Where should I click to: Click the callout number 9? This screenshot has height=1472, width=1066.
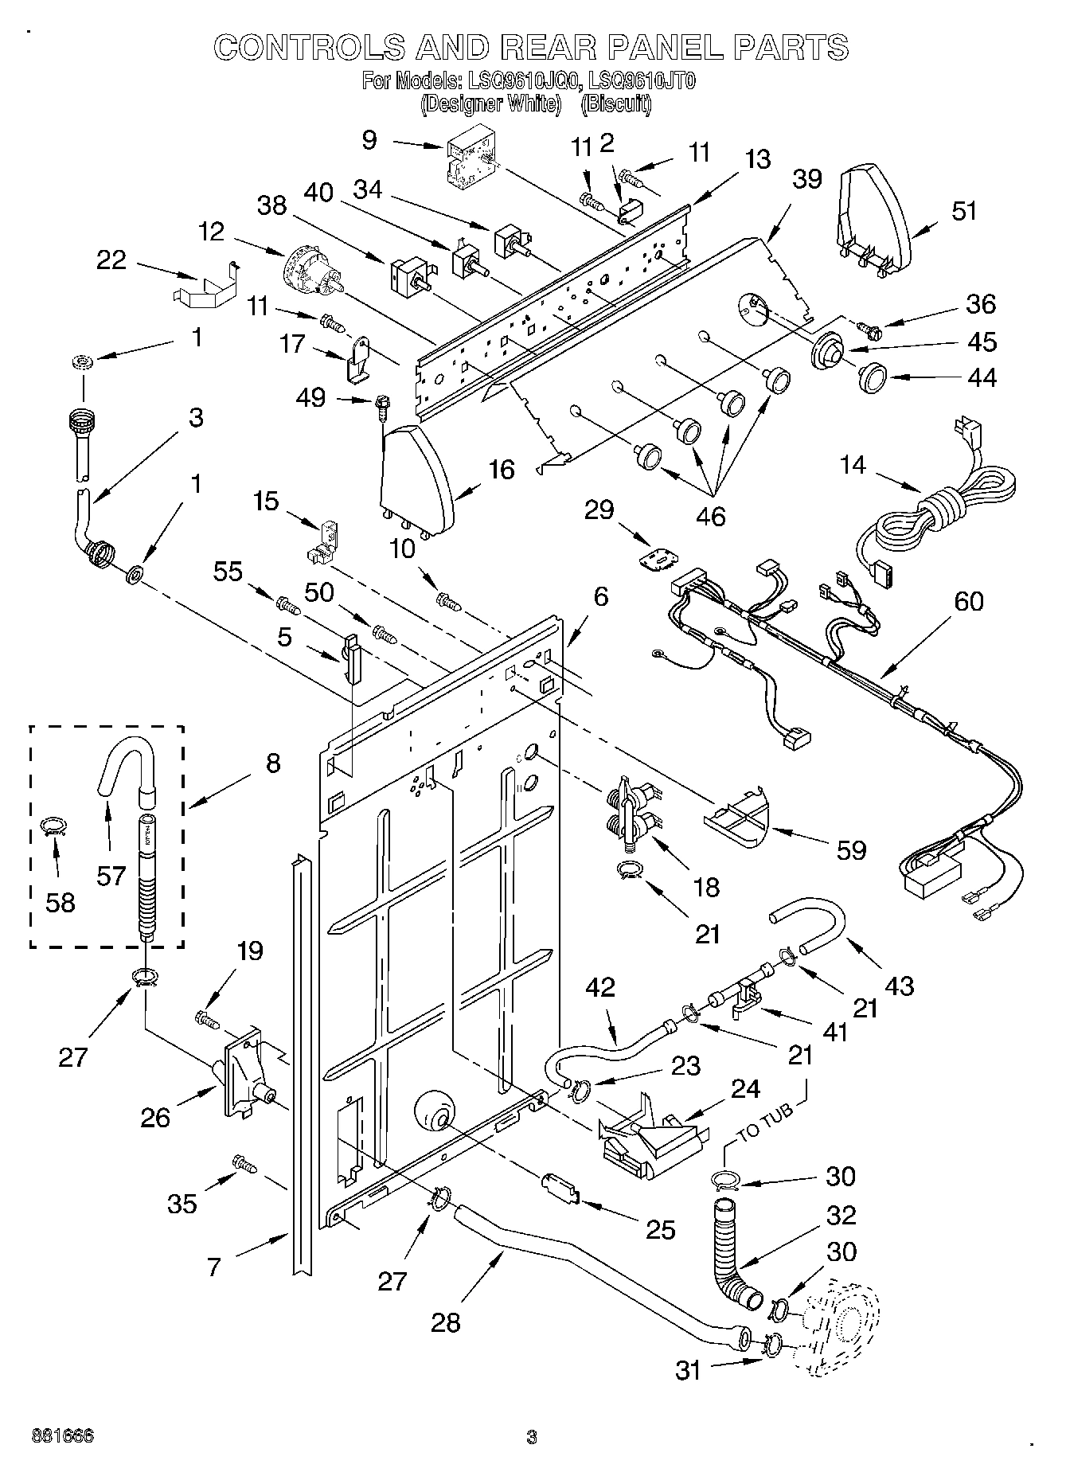[369, 140]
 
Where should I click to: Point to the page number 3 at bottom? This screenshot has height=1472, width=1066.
[532, 1438]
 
